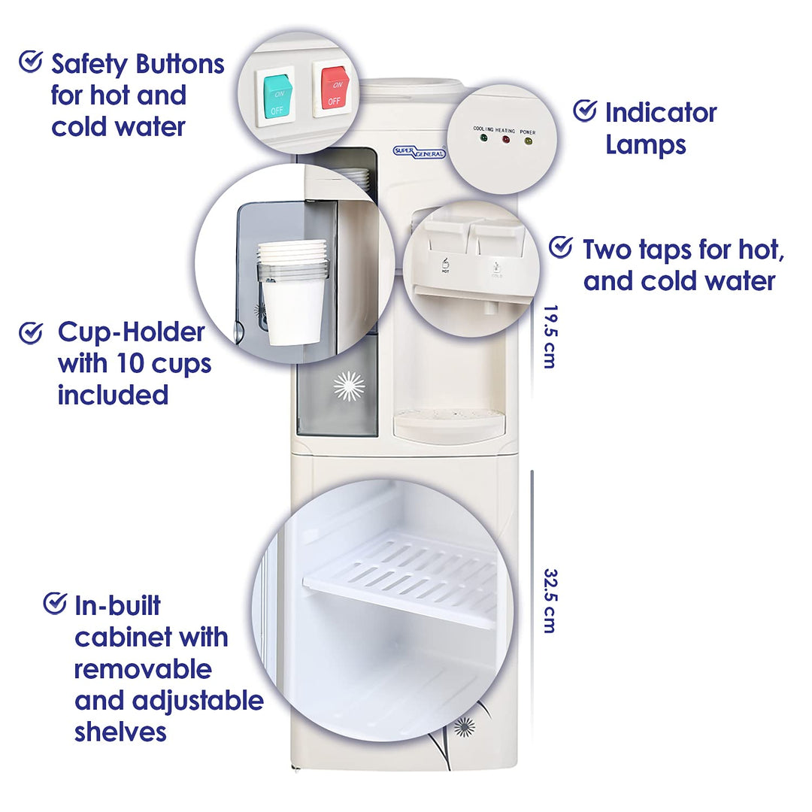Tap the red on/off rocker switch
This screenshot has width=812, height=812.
(335, 90)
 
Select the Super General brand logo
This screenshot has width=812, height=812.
(419, 152)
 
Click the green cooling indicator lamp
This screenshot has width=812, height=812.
(483, 138)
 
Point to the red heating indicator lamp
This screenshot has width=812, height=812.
(506, 139)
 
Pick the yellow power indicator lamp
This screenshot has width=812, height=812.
(528, 141)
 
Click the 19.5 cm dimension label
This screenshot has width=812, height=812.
(550, 337)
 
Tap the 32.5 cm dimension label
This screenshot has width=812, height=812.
(550, 601)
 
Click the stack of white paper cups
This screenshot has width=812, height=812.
(292, 292)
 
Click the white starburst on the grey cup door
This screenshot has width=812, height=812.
(349, 386)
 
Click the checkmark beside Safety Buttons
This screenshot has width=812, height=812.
(31, 62)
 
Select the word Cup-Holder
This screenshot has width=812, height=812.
(131, 332)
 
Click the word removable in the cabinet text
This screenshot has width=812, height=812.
(143, 669)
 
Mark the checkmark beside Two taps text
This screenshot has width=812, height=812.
(561, 247)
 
